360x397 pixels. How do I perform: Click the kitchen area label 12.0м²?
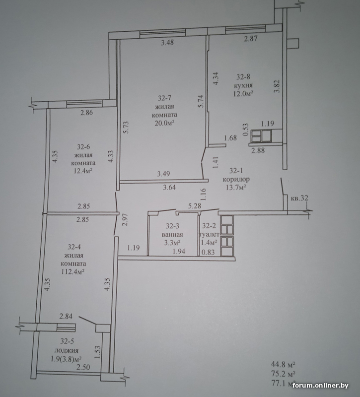tap(243, 94)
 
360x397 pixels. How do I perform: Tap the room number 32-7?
tap(165, 98)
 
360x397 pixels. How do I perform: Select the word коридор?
tap(236, 179)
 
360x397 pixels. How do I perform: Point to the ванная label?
tap(172, 234)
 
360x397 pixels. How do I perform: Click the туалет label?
tap(210, 234)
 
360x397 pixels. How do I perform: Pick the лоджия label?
tap(67, 350)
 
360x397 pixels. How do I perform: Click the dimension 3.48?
tap(167, 42)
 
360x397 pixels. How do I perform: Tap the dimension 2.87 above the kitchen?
tap(251, 39)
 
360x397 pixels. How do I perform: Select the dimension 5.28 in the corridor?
tap(195, 206)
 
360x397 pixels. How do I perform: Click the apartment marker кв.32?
tap(299, 198)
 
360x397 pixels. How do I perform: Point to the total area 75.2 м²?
tap(283, 374)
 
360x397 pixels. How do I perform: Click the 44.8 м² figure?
tap(283, 364)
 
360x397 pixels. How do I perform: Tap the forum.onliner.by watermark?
tap(320, 386)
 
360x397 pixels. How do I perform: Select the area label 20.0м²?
tap(165, 123)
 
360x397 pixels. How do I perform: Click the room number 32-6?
tap(83, 147)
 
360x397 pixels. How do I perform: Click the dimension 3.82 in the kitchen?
tap(277, 86)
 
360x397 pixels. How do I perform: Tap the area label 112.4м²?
tap(73, 271)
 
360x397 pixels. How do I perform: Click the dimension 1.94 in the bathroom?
tap(179, 252)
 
